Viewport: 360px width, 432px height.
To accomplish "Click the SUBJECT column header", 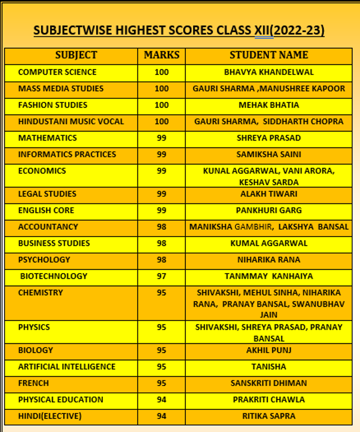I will point(76,55).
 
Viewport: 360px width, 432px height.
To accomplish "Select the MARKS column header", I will point(162,55).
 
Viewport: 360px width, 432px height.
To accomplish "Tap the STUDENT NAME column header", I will point(269,55).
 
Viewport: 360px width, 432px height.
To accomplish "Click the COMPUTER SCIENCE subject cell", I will point(57,72).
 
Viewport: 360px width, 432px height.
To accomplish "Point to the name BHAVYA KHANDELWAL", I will point(269,72).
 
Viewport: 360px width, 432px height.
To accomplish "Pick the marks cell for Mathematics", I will point(162,138).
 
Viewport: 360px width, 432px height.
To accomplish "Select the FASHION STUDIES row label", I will point(53,105).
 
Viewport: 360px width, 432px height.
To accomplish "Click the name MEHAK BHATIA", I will point(269,105).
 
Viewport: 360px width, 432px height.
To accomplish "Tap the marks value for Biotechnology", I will point(162,276).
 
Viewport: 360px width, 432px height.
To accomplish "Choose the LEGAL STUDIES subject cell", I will point(47,194).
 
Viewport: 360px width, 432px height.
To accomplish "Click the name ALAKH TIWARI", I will point(269,194).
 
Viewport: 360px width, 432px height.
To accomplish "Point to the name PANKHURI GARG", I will point(269,210).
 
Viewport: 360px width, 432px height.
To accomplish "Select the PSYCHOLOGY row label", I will point(44,259).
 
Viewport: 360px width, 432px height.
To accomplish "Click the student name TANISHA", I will point(269,367).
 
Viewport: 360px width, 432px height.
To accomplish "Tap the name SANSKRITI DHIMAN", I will point(269,383).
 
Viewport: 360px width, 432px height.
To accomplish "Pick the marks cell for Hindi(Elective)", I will point(162,416).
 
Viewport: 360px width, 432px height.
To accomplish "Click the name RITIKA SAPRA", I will point(269,416).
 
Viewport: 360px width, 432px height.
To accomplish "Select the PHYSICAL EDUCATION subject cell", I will point(61,399).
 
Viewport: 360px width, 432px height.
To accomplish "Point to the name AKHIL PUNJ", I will point(269,350).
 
